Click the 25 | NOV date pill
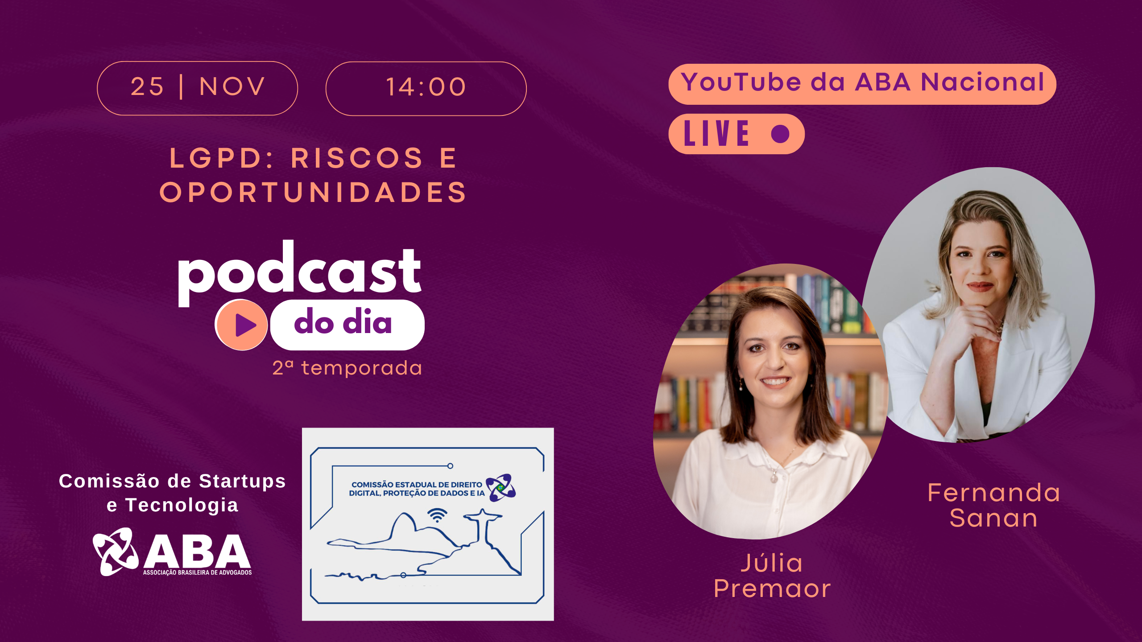tap(197, 88)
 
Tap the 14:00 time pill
tap(426, 89)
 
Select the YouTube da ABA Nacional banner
tap(862, 84)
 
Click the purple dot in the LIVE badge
tap(780, 134)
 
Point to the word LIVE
tap(717, 133)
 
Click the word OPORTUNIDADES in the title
tap(313, 192)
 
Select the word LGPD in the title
tap(215, 158)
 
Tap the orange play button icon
tap(241, 325)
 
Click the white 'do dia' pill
tap(347, 325)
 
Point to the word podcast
tap(299, 273)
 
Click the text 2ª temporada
tap(347, 368)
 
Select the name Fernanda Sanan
tap(994, 505)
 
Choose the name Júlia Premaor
tap(772, 576)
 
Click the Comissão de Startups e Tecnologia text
tap(172, 493)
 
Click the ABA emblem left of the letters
tap(115, 551)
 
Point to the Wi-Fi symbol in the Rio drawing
tap(437, 515)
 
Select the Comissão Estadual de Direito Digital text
tap(417, 489)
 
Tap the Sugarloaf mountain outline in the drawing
tap(404, 526)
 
